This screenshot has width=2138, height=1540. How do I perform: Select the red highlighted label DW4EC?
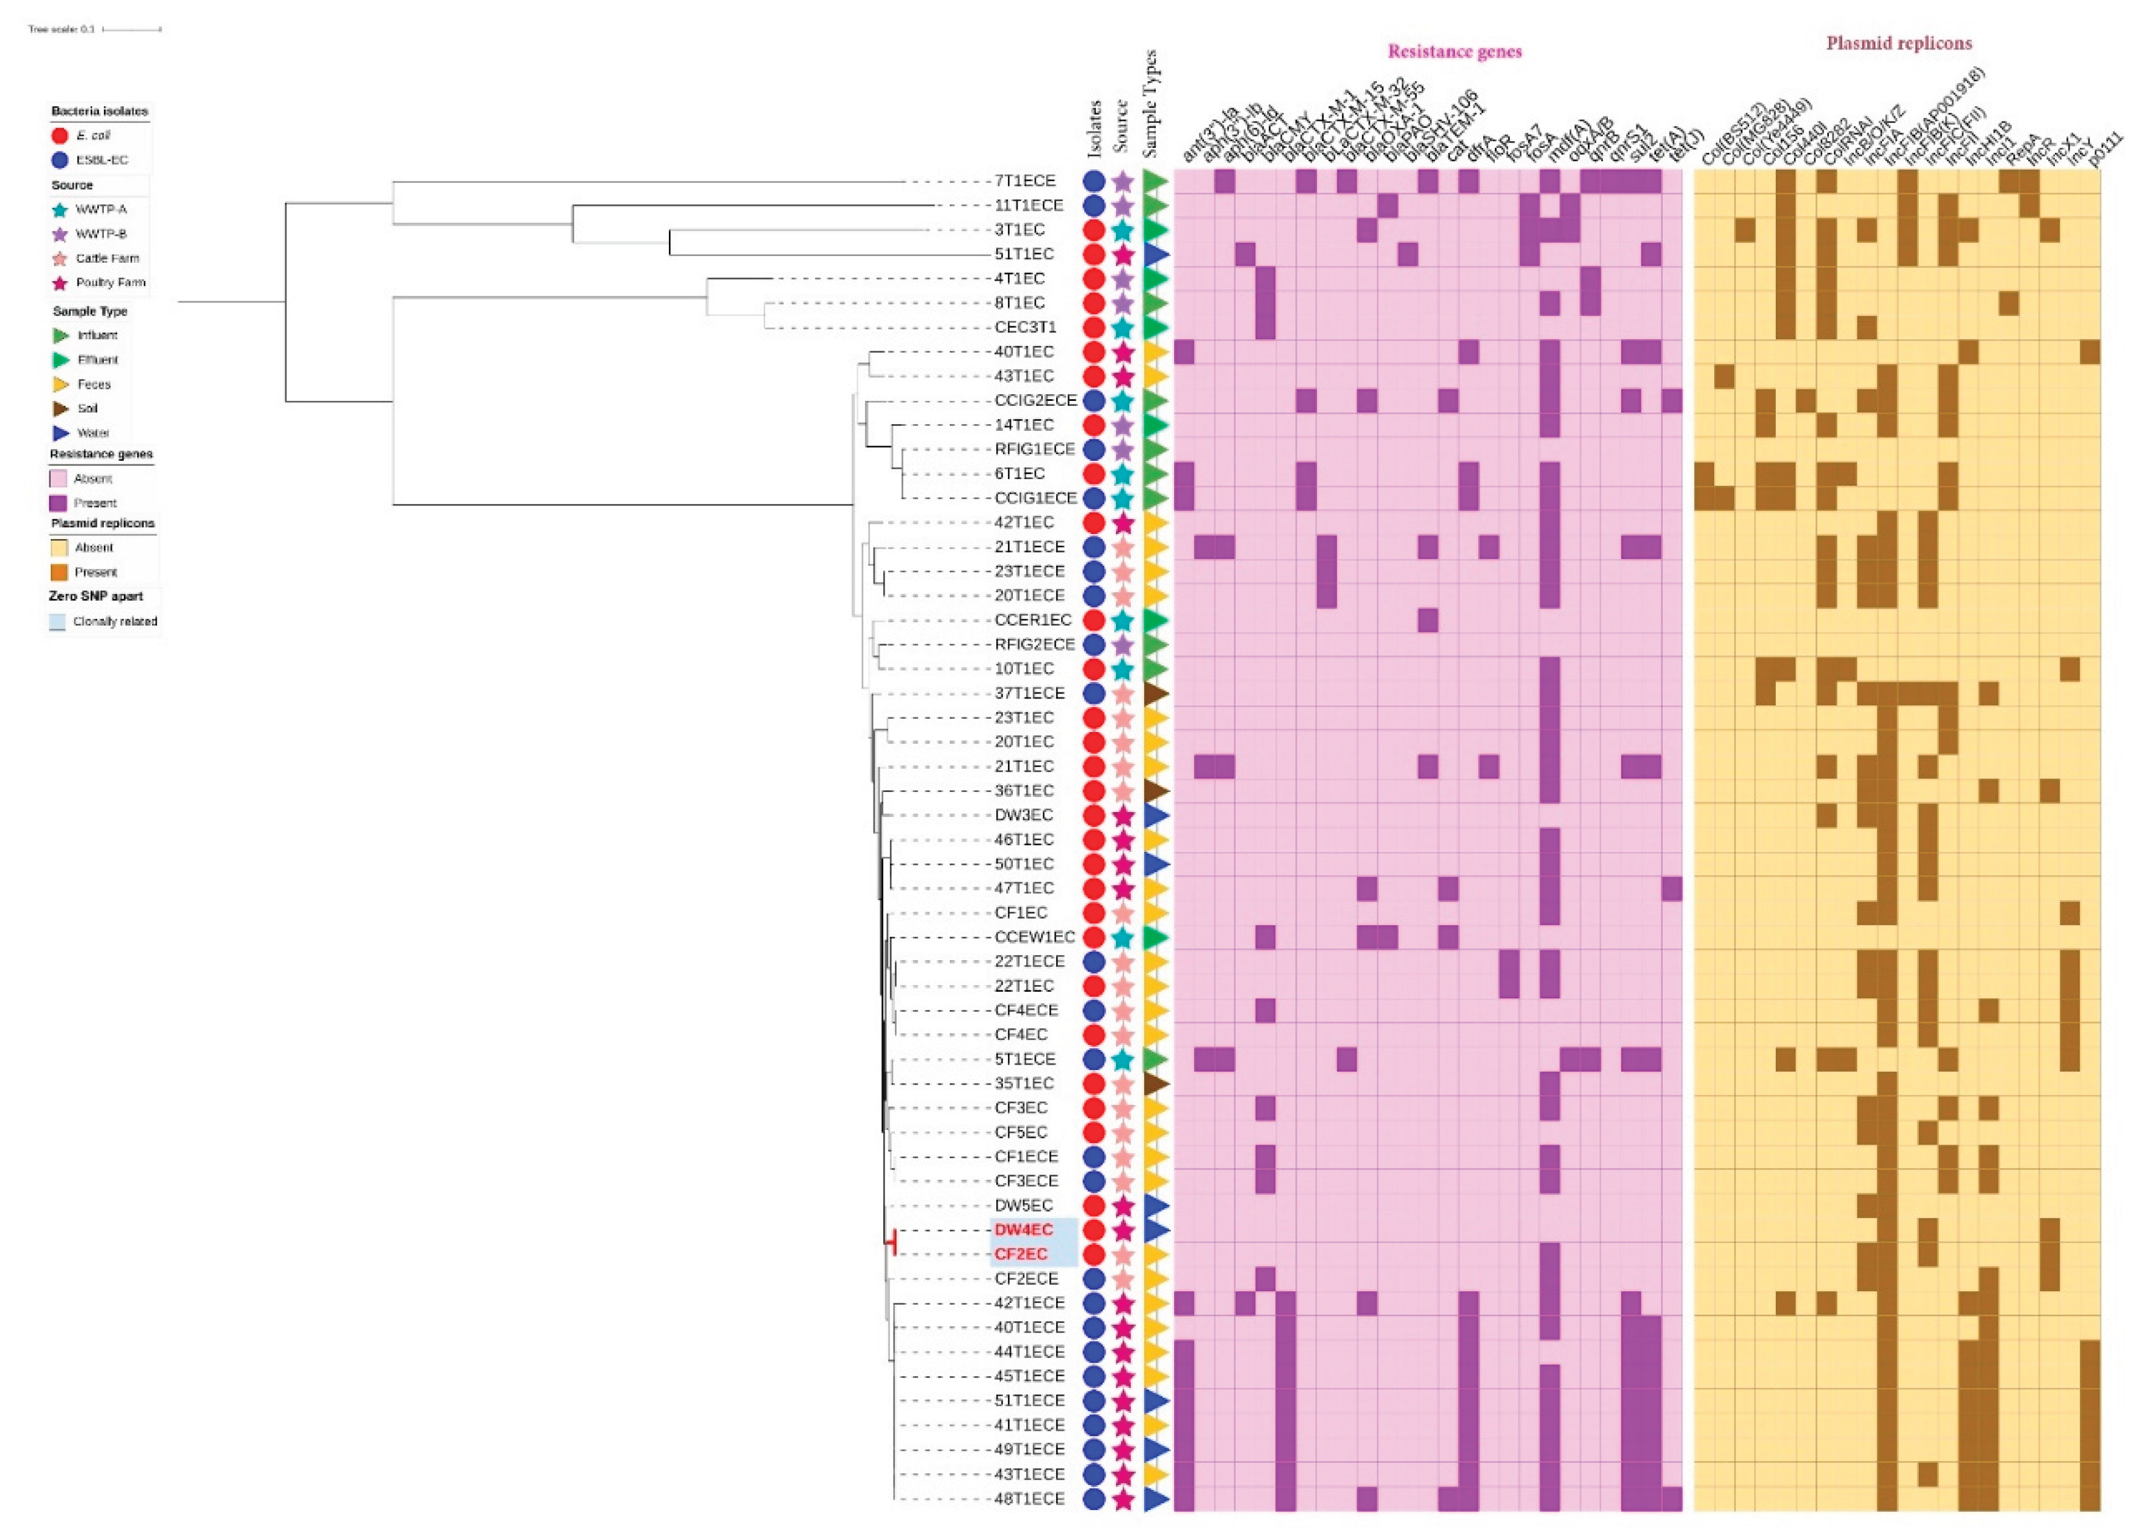1023,1230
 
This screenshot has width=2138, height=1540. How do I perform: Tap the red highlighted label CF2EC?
1021,1254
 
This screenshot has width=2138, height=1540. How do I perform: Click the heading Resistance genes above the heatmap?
1454,52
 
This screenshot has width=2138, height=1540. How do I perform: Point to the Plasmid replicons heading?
1899,43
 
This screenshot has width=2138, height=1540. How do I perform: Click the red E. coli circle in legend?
59,136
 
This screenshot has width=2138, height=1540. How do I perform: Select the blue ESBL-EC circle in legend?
59,160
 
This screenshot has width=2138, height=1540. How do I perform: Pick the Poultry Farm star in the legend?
59,283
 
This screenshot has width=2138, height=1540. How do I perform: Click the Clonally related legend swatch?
57,622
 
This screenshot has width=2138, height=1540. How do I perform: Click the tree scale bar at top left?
131,29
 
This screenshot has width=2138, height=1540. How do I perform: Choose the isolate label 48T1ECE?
1029,1498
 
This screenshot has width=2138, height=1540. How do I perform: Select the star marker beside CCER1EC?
1122,620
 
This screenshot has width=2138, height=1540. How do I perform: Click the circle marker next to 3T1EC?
1093,229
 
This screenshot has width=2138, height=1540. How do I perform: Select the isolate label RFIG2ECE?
1034,644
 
